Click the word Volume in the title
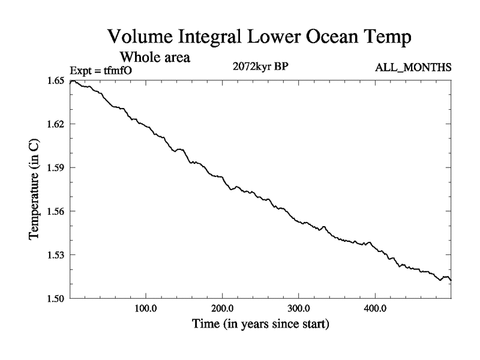pos(142,37)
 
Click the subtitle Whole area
pos(155,58)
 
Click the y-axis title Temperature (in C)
pos(35,189)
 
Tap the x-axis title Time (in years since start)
pos(261,325)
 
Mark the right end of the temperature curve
pos(451,280)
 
